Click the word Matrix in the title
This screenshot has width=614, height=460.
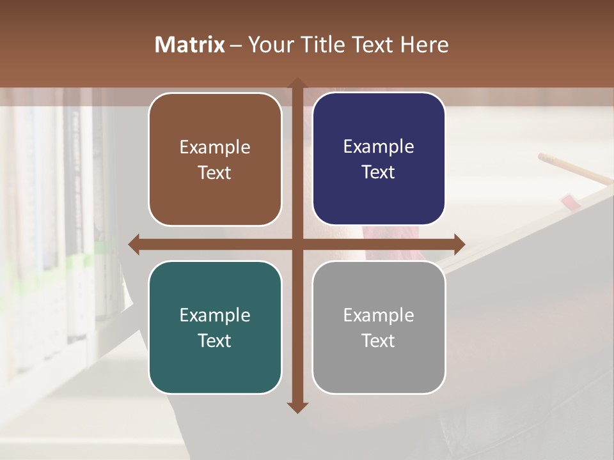coord(190,45)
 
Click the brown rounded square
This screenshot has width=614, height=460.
coord(215,159)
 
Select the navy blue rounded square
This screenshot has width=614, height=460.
coord(379,158)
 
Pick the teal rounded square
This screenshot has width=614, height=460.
coord(215,327)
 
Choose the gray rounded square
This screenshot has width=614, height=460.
coord(379,327)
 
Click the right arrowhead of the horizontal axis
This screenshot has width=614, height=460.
coord(459,244)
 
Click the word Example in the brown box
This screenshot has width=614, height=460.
coord(215,147)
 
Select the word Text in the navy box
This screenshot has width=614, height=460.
coord(379,172)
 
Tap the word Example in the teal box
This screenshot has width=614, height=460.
coord(215,315)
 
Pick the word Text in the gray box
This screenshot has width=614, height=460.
coord(379,341)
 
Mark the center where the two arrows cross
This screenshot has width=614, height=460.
coord(297,244)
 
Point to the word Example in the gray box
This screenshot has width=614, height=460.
coord(379,315)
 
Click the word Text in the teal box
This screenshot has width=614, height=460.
coord(215,341)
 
